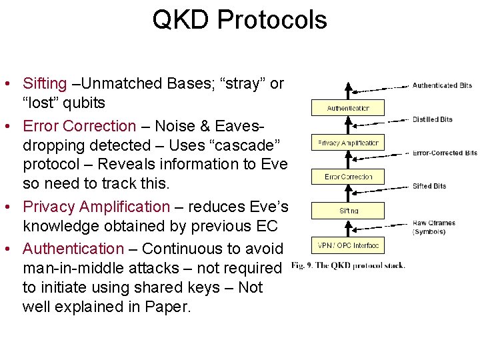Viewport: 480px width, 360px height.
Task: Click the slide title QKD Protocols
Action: pos(239,20)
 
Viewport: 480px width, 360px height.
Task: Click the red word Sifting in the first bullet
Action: pos(45,83)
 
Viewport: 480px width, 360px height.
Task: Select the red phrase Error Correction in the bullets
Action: pos(79,126)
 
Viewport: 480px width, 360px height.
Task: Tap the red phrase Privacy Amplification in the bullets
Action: pos(97,207)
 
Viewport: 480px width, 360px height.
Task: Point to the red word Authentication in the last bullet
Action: pos(73,249)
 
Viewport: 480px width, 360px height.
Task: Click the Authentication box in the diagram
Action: pos(347,108)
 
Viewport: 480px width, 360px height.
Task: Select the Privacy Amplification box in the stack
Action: pos(347,143)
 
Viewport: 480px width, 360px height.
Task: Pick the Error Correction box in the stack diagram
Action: pos(347,177)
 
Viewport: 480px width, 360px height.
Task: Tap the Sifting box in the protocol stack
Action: pos(347,211)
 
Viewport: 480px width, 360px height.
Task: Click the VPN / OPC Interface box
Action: pos(347,245)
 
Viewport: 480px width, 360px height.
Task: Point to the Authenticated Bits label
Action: pos(442,85)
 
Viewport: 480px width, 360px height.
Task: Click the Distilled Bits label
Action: pos(432,119)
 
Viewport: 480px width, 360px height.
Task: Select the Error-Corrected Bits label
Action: pos(445,153)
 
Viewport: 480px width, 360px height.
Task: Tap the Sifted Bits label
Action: pos(429,186)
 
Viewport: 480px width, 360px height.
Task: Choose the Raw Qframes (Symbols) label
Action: pos(433,227)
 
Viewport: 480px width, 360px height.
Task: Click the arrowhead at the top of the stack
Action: pos(347,87)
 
